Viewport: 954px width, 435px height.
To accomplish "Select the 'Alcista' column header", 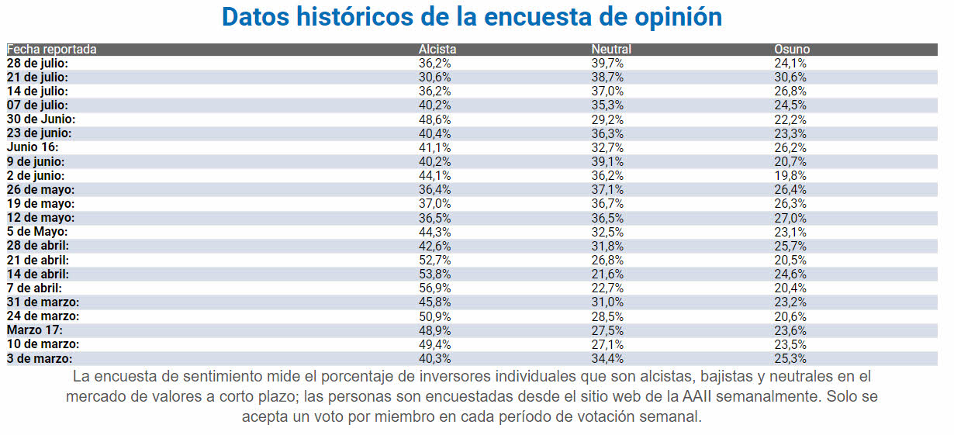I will pyautogui.click(x=437, y=50).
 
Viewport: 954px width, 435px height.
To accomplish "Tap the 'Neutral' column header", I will pyautogui.click(x=610, y=50).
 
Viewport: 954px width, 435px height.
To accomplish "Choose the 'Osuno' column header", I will pyautogui.click(x=792, y=50).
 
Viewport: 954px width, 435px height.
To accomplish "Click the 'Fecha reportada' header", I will pyautogui.click(x=52, y=50).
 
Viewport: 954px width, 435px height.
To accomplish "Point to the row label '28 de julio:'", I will pyautogui.click(x=37, y=63).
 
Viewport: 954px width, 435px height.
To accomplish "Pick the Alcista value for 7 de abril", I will pyautogui.click(x=435, y=288).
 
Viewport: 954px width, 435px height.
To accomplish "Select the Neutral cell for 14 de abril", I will pyautogui.click(x=607, y=274).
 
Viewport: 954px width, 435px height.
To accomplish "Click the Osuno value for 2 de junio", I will pyautogui.click(x=790, y=175).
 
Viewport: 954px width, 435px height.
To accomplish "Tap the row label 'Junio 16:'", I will pyautogui.click(x=33, y=147).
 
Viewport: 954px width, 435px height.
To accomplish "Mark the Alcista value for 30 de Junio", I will pyautogui.click(x=435, y=119).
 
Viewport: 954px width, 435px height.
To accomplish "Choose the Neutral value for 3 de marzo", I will pyautogui.click(x=607, y=358).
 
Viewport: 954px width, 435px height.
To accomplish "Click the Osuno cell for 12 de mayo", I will pyautogui.click(x=790, y=218).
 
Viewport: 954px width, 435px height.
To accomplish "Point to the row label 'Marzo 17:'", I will pyautogui.click(x=33, y=330).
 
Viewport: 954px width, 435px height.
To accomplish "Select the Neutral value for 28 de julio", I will pyautogui.click(x=607, y=63).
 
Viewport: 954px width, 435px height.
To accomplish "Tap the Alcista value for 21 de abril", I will pyautogui.click(x=435, y=260).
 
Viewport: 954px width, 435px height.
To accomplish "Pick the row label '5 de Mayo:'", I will pyautogui.click(x=37, y=232).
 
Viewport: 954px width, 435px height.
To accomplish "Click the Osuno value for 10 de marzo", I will pyautogui.click(x=790, y=344).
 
